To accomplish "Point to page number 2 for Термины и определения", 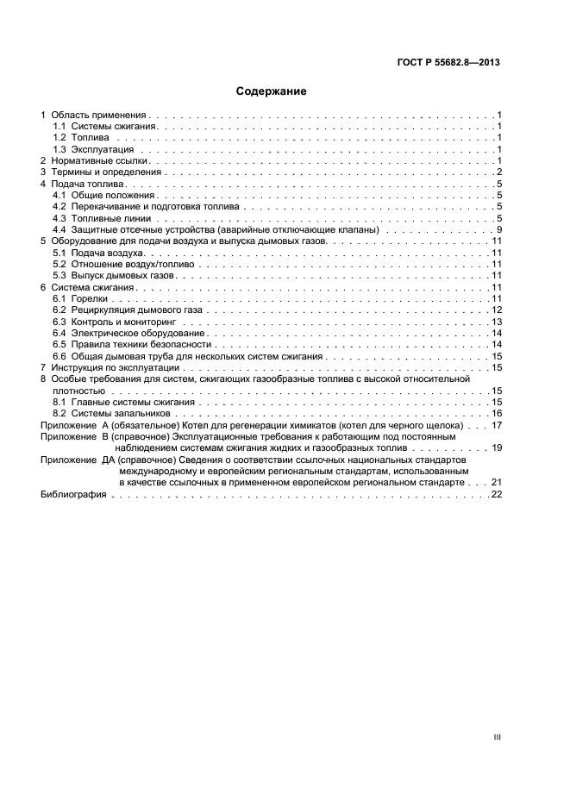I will coord(499,172).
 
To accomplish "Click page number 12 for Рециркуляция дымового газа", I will coord(497,310).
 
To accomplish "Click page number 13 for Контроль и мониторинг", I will coord(497,322).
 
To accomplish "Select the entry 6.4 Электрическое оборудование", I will coord(128,333).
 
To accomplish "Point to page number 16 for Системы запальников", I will coord(497,414).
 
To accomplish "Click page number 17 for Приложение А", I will coord(497,425).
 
